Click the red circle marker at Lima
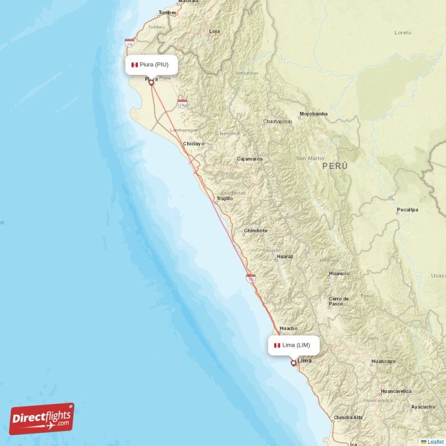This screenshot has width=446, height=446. tap(293, 363)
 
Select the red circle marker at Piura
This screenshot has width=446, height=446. tap(151, 83)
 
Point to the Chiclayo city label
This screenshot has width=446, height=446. tap(194, 144)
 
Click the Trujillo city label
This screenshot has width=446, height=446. tap(224, 198)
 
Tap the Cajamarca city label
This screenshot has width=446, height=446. tap(249, 159)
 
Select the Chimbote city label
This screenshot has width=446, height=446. tap(255, 231)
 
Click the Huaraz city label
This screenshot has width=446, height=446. tap(284, 256)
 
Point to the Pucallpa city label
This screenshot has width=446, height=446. tap(407, 210)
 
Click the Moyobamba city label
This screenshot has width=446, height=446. tap(313, 114)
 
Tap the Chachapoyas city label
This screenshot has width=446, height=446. tap(277, 122)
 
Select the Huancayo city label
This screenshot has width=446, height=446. tap(383, 362)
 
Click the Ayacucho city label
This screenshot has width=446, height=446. tap(423, 407)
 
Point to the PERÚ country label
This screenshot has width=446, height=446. tap(334, 166)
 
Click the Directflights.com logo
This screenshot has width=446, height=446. tap(41, 419)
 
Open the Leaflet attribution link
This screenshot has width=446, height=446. tap(435, 442)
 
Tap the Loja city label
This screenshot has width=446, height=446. tap(214, 31)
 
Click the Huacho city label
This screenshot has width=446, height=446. tap(288, 328)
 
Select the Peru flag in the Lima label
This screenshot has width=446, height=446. tap(277, 345)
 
